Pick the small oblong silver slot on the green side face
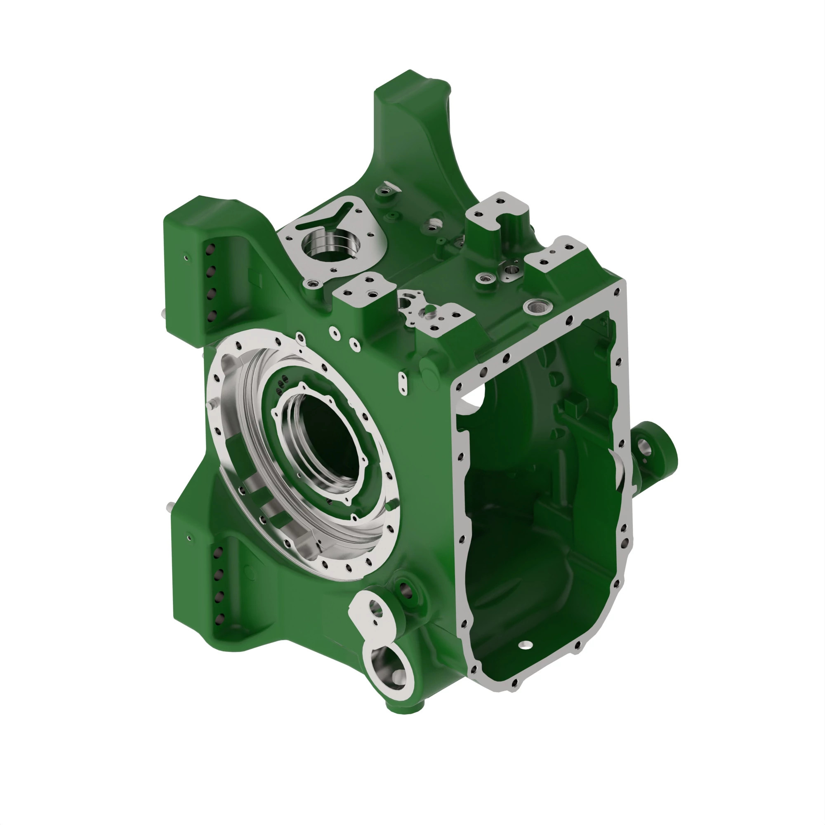(402, 381)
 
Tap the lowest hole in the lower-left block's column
(220, 618)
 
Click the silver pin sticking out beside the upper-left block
(163, 314)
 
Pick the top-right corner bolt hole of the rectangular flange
(616, 292)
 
